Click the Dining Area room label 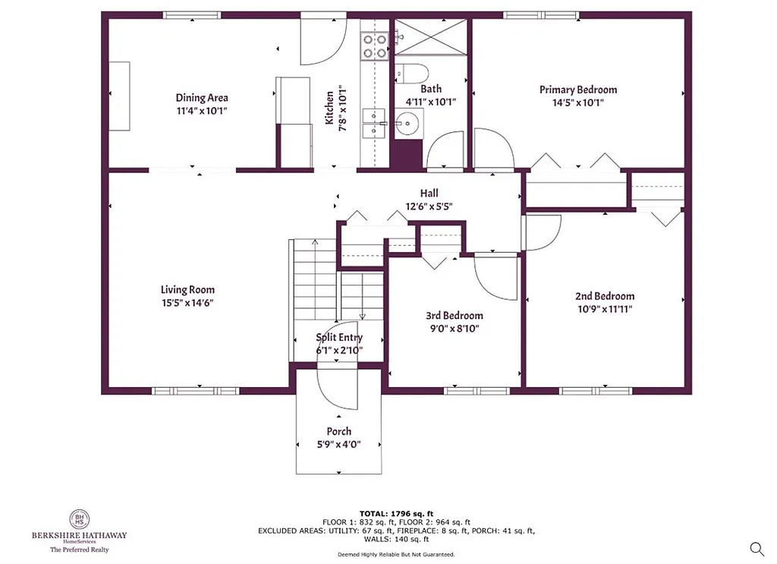[202, 98]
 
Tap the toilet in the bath [414, 74]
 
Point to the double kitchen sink [373, 123]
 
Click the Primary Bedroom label [577, 90]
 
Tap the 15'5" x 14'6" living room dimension [187, 303]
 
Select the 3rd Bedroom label [454, 316]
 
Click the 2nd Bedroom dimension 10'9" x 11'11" [604, 309]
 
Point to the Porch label [338, 431]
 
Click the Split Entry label [339, 338]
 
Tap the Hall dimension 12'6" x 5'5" [429, 206]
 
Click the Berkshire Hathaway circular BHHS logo [79, 518]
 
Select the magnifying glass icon [757, 548]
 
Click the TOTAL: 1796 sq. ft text [396, 513]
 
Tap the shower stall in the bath [431, 36]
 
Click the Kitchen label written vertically [330, 108]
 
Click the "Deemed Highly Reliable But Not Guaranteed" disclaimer [396, 555]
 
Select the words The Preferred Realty [79, 548]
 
